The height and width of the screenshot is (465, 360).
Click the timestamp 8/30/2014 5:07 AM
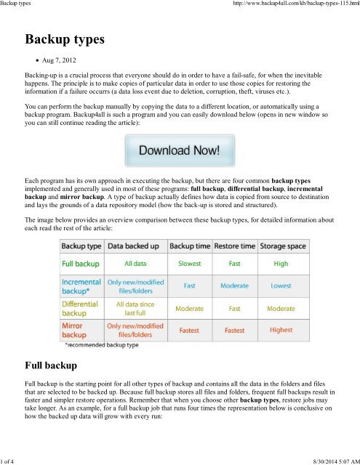pyautogui.click(x=325, y=459)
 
